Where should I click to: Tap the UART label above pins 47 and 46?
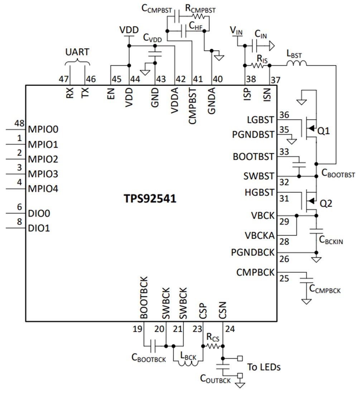[77, 52]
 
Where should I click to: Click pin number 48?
[19, 123]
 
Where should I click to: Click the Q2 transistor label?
[325, 203]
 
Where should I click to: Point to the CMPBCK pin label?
[255, 273]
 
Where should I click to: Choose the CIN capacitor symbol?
[255, 45]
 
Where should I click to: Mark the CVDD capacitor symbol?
[155, 54]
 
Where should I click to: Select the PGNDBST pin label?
[253, 135]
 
